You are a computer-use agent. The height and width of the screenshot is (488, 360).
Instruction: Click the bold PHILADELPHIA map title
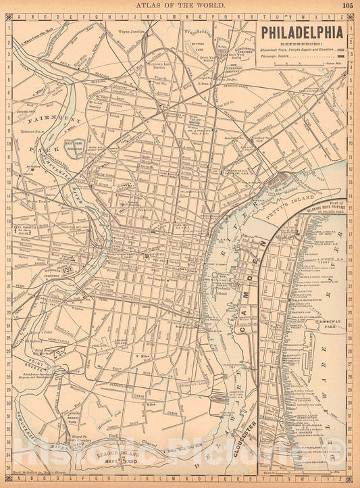[x=302, y=31]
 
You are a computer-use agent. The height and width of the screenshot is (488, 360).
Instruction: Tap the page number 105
[x=346, y=5]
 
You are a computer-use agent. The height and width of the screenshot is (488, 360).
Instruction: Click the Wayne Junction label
[x=133, y=31]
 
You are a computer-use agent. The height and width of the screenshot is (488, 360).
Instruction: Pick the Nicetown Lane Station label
[x=161, y=67]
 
